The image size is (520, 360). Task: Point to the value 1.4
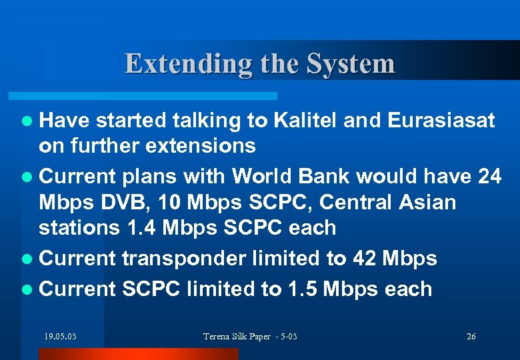coord(142,227)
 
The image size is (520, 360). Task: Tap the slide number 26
coord(471,336)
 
